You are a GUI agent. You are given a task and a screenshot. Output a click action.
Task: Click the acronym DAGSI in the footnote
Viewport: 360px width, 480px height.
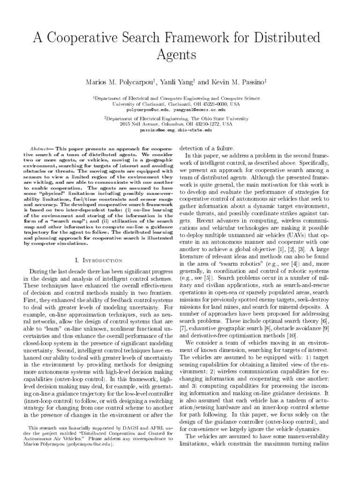coord(123,428)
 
